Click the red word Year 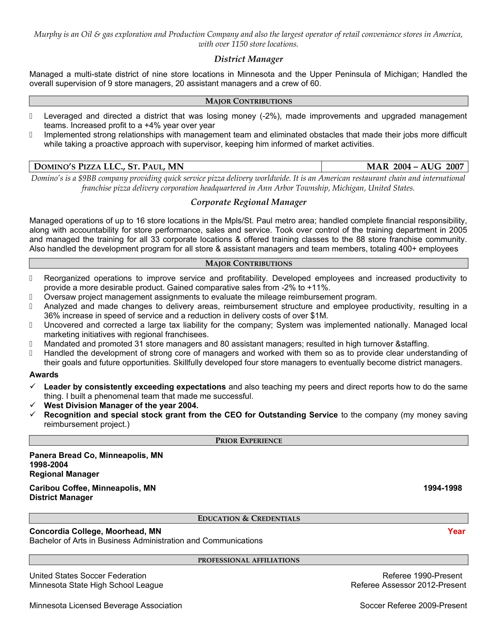click(x=456, y=531)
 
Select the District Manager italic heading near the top click(x=248, y=59)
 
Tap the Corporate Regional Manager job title click(x=248, y=202)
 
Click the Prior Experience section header click(x=248, y=440)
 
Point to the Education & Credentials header click(x=248, y=518)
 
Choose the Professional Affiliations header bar click(x=248, y=560)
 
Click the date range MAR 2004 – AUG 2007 click(x=415, y=167)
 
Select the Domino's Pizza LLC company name click(x=109, y=167)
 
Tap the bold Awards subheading click(x=44, y=374)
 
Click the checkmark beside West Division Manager click(x=33, y=405)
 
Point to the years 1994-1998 click(x=443, y=488)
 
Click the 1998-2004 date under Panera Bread click(x=49, y=465)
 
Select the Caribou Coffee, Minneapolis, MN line click(x=92, y=488)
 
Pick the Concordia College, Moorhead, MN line click(x=95, y=531)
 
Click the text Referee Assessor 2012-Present click(x=408, y=585)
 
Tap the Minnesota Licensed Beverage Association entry click(x=106, y=606)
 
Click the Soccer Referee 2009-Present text click(x=413, y=606)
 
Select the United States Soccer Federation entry click(x=88, y=575)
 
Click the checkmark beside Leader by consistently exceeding click(x=33, y=386)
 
